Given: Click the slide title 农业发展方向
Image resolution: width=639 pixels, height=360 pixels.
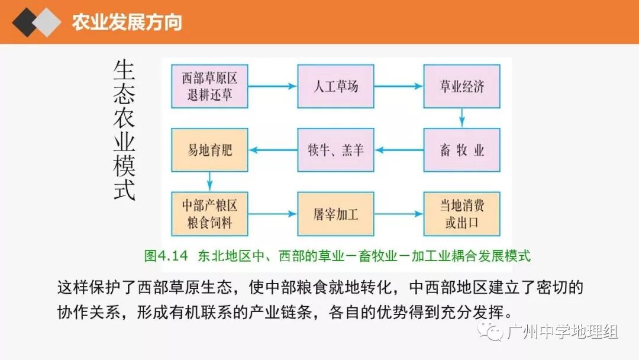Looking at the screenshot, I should click(x=127, y=22).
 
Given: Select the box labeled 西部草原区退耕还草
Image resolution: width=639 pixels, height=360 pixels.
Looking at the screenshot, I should click(x=209, y=86).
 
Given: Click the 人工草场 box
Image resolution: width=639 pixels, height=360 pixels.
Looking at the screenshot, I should click(x=335, y=86).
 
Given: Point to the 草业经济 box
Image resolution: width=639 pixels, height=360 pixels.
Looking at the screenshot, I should click(x=461, y=86).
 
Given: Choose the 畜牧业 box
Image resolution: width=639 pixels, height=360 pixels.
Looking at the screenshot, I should click(x=461, y=150).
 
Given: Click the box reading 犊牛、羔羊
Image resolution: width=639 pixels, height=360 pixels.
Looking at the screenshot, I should click(x=335, y=150).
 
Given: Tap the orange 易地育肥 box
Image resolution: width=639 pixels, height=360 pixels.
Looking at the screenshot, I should click(x=209, y=150).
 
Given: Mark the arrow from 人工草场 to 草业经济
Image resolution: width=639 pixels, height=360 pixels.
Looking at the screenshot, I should click(x=398, y=86).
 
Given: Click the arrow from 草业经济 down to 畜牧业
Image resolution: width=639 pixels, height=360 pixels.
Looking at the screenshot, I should click(x=462, y=118).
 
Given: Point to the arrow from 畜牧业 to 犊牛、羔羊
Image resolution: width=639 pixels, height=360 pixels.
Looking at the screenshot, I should click(x=398, y=150).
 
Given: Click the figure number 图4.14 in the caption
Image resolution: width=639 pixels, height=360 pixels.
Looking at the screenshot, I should click(x=165, y=256).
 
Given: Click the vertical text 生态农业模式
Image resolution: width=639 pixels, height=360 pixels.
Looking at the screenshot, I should click(x=124, y=130).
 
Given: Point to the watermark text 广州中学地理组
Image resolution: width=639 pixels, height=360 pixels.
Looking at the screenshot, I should click(x=563, y=332).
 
